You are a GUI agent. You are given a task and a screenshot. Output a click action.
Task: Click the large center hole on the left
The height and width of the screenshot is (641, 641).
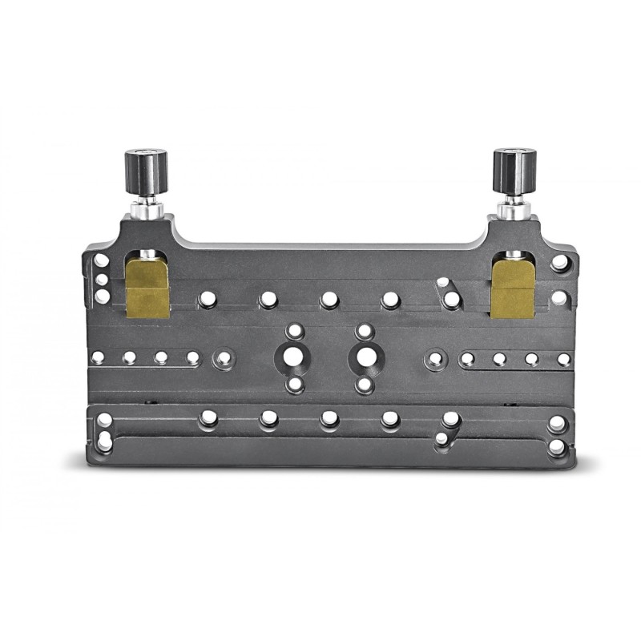pyautogui.click(x=294, y=357)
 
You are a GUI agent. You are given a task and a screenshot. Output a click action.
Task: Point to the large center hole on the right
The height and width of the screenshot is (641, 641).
pyautogui.click(x=365, y=357)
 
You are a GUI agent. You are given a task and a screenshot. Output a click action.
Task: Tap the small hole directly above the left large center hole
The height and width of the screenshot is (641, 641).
pyautogui.click(x=294, y=330)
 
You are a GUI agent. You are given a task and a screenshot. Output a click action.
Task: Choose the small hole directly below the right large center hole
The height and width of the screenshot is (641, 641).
pyautogui.click(x=365, y=385)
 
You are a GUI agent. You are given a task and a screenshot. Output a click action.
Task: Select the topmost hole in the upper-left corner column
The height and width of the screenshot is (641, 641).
pyautogui.click(x=102, y=260)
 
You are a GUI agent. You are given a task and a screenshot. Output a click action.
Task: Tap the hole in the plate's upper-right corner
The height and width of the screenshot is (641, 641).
pyautogui.click(x=560, y=262)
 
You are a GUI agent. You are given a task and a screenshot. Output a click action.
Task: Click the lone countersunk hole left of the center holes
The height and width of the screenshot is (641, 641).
pyautogui.click(x=224, y=358)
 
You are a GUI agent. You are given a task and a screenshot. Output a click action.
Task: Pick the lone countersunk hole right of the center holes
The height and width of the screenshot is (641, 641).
pyautogui.click(x=435, y=358)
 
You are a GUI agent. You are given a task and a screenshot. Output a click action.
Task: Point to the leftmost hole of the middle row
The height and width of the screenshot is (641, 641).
pyautogui.click(x=98, y=357)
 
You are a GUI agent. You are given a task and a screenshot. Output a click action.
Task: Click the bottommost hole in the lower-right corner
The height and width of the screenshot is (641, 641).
pyautogui.click(x=556, y=447)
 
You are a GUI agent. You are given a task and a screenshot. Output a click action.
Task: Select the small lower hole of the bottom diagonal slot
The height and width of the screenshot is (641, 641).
pyautogui.click(x=441, y=439)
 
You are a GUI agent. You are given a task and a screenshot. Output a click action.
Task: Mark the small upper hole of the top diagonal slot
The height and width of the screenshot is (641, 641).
pyautogui.click(x=442, y=283)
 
